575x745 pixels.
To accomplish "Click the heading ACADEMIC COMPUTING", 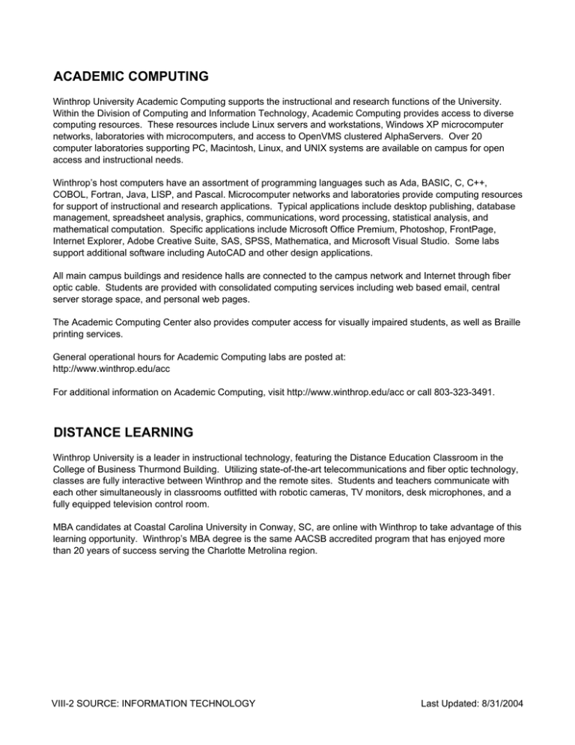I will tap(131, 76).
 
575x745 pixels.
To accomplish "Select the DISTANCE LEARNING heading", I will tap(124, 432).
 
